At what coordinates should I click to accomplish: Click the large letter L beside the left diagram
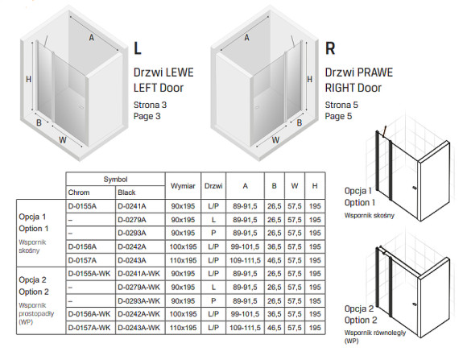[x=137, y=48]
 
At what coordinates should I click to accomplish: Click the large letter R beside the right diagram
[x=330, y=48]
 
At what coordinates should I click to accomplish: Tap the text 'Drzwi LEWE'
[x=163, y=72]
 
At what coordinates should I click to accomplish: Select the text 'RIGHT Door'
[x=353, y=88]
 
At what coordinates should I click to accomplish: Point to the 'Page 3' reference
[x=147, y=116]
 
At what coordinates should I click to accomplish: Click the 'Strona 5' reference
[x=341, y=105]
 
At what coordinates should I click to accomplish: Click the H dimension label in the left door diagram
[x=29, y=79]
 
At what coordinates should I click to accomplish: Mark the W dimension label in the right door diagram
[x=275, y=140]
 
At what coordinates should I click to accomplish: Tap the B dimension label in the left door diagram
[x=39, y=122]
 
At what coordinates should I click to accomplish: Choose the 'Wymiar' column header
[x=183, y=186]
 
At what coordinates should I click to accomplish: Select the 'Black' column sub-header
[x=126, y=192]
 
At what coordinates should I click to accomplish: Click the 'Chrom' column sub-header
[x=79, y=192]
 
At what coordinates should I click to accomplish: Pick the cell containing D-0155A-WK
[x=89, y=274]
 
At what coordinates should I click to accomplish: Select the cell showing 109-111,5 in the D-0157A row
[x=245, y=260]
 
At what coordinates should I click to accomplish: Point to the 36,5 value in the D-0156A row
[x=275, y=246]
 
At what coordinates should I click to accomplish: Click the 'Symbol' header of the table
[x=115, y=180]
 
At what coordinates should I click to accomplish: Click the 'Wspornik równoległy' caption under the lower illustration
[x=375, y=333]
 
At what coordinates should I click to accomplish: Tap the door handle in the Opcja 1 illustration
[x=414, y=188]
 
